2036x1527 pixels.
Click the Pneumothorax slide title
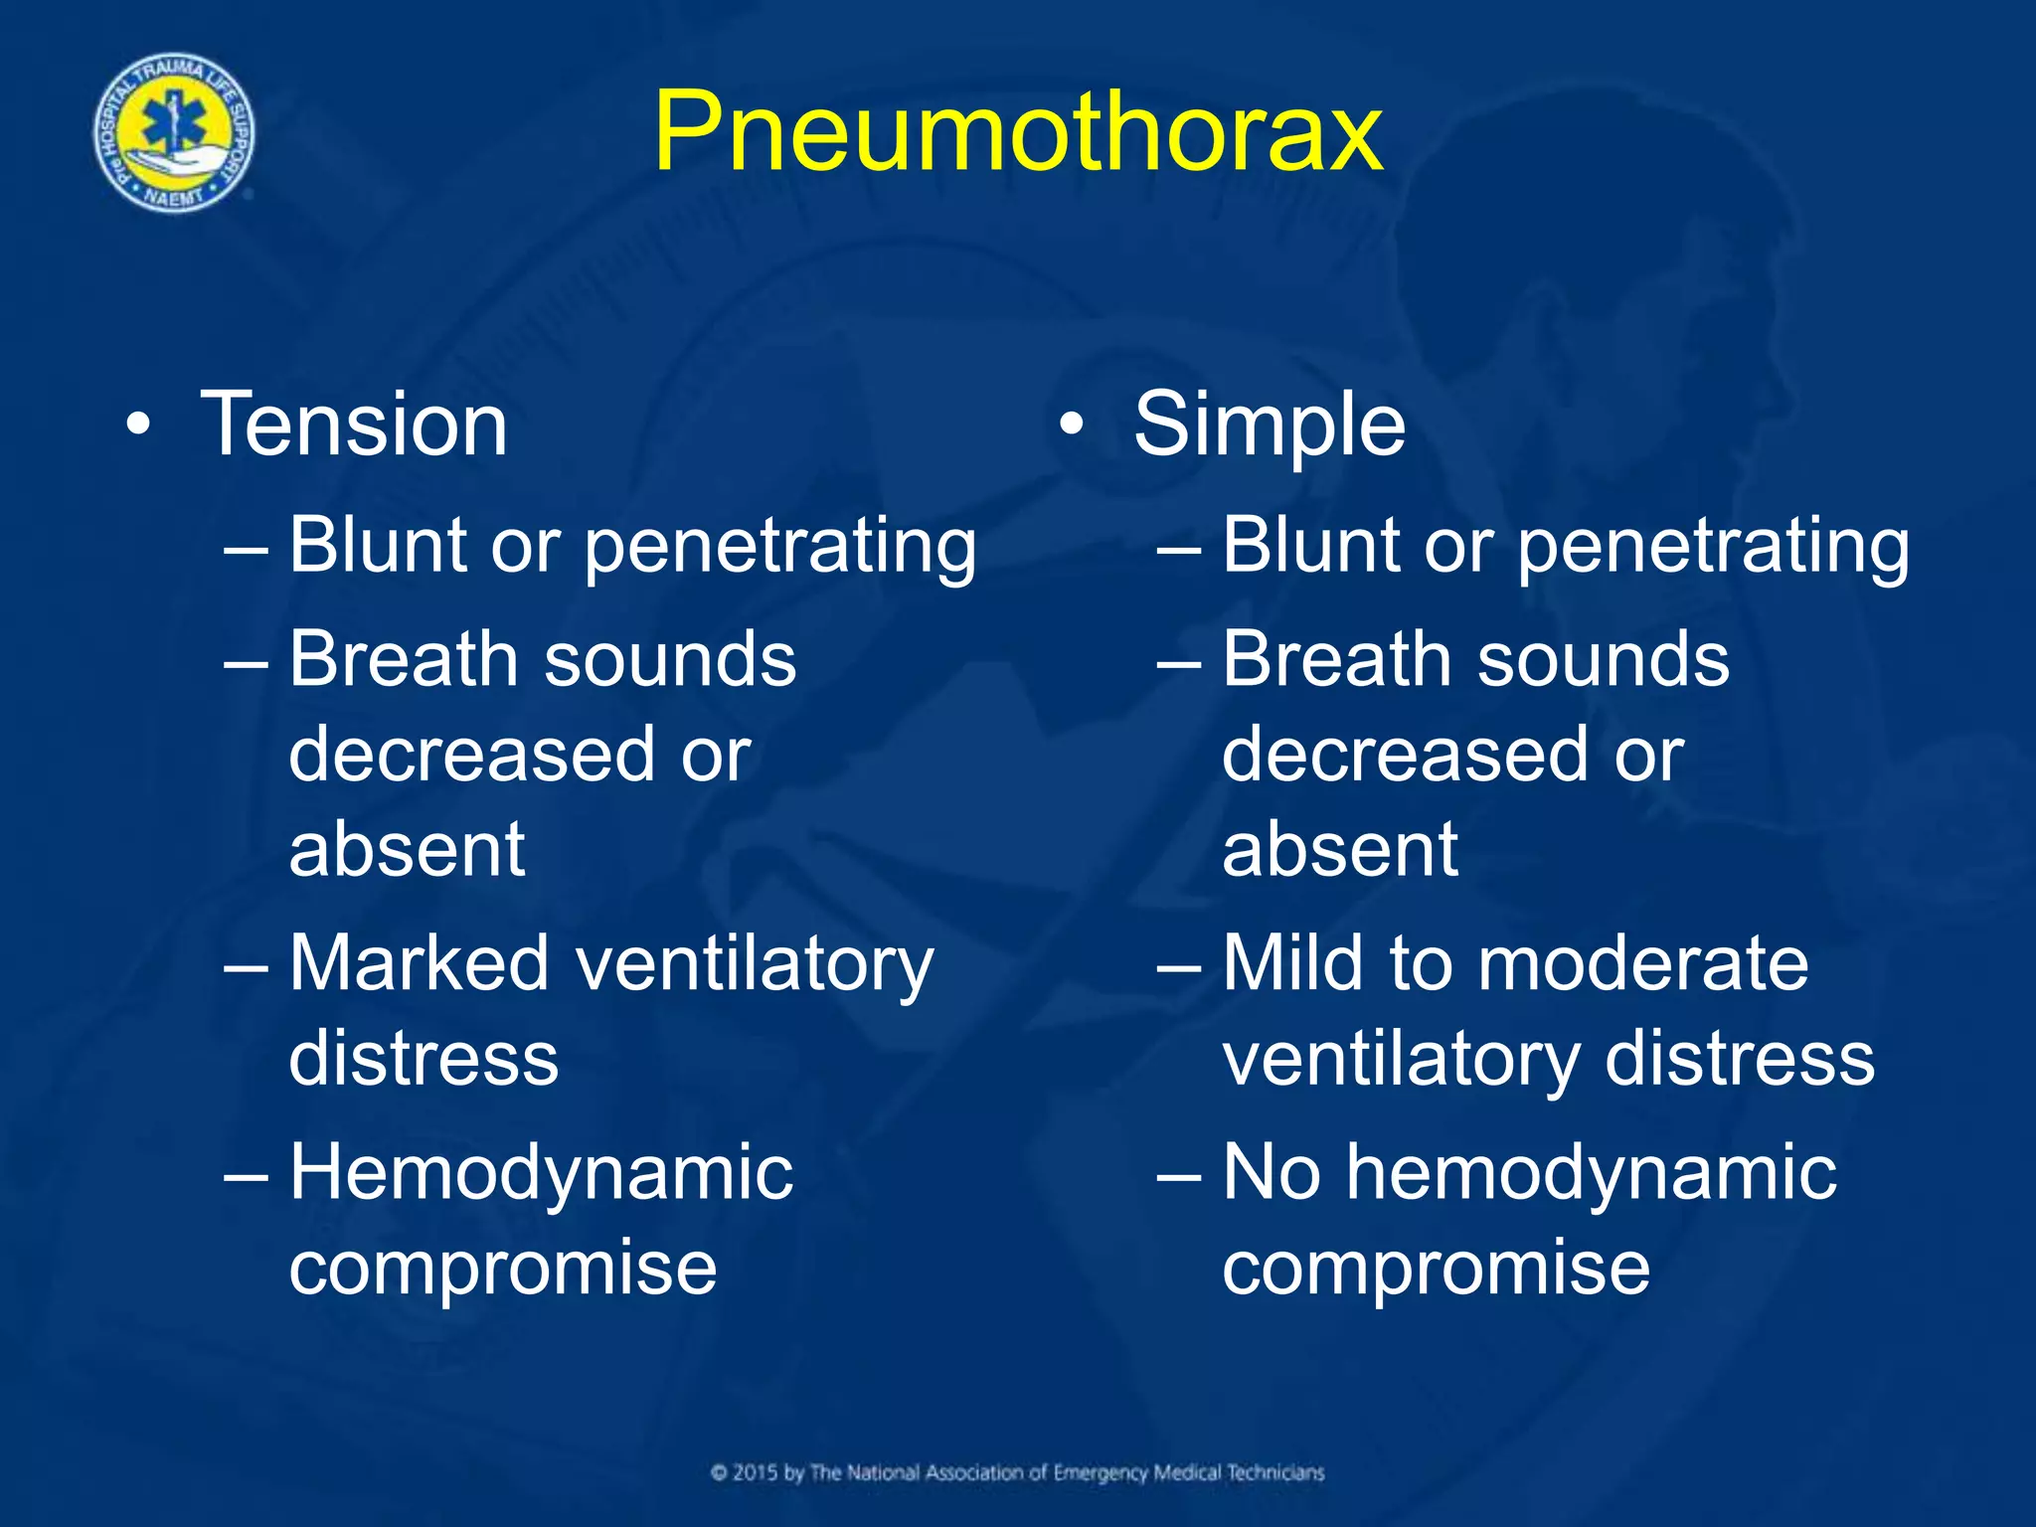pyautogui.click(x=1018, y=132)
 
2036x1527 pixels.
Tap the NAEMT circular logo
pyautogui.click(x=174, y=133)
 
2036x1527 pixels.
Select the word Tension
pyautogui.click(x=354, y=424)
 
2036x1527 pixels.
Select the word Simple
pyautogui.click(x=1270, y=424)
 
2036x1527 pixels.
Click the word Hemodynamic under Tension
pyautogui.click(x=541, y=1172)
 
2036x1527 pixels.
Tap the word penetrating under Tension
pyautogui.click(x=780, y=547)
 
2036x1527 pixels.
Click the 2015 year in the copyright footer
pyautogui.click(x=757, y=1472)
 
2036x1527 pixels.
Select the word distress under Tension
pyautogui.click(x=424, y=1058)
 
